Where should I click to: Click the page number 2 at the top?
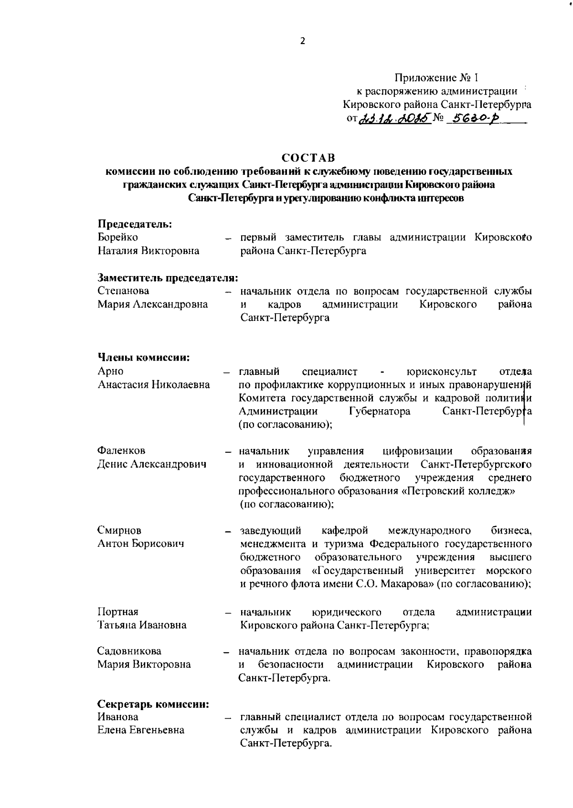tap(302, 41)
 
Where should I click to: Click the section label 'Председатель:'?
tap(135, 223)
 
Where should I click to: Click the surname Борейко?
tap(117, 237)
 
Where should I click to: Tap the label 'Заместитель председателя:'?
tap(168, 277)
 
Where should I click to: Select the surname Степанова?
tap(123, 291)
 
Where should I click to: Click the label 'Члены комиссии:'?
tap(144, 357)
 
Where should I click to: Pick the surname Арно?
tap(110, 371)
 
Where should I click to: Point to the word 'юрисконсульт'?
tap(441, 371)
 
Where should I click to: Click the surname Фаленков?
tap(121, 450)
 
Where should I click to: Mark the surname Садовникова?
tap(129, 651)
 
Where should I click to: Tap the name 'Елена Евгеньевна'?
tap(141, 730)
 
